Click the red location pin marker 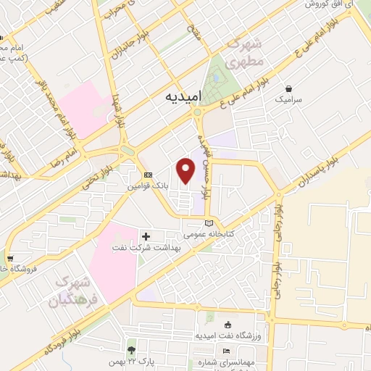pos(186,170)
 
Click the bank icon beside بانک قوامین pos(148,175)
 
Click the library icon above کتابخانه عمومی pos(209,223)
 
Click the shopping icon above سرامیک pos(289,87)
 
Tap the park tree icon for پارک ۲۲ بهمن pos(130,350)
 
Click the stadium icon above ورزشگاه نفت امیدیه pos(228,324)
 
